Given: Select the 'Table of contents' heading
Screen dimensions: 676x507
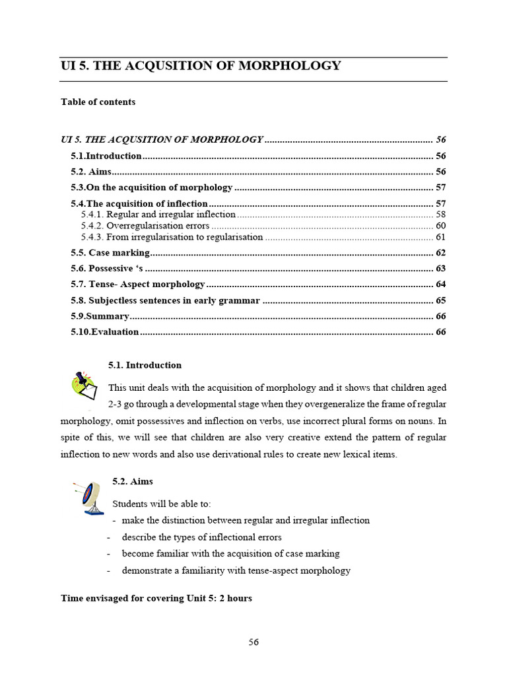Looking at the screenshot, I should [98, 102].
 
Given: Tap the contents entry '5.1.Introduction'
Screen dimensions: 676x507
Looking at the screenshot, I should [106, 156].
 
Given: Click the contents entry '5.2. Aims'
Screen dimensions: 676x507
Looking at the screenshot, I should [91, 172].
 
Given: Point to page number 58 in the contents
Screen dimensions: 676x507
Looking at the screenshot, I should [441, 215].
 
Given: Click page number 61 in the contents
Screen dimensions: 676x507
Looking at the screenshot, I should [441, 237].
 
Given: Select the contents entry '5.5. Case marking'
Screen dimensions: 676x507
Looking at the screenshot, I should [110, 253].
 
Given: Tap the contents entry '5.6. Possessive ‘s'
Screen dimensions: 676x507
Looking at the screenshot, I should [107, 268].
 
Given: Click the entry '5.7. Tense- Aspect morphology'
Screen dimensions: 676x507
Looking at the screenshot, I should [138, 284].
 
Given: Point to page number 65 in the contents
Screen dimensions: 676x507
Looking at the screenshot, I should [441, 300].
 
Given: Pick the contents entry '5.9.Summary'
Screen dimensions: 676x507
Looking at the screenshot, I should [100, 316].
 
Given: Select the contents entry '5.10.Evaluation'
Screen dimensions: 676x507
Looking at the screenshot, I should [105, 332].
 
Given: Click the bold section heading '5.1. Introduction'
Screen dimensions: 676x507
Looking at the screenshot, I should [145, 365].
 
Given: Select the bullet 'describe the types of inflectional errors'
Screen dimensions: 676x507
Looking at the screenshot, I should [201, 537].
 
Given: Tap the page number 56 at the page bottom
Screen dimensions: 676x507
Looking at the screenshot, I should [253, 642].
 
